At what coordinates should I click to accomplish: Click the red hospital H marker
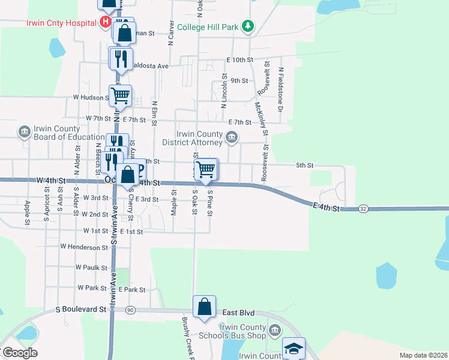click(106, 23)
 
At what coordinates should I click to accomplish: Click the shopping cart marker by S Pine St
click(206, 170)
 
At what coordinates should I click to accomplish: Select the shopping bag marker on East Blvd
click(204, 306)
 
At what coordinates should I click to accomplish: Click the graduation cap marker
click(294, 349)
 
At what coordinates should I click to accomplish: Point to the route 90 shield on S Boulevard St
click(130, 310)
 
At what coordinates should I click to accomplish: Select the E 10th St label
click(240, 60)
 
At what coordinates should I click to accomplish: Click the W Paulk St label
click(91, 267)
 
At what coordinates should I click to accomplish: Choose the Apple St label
click(28, 213)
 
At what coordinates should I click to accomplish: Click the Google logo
click(19, 353)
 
